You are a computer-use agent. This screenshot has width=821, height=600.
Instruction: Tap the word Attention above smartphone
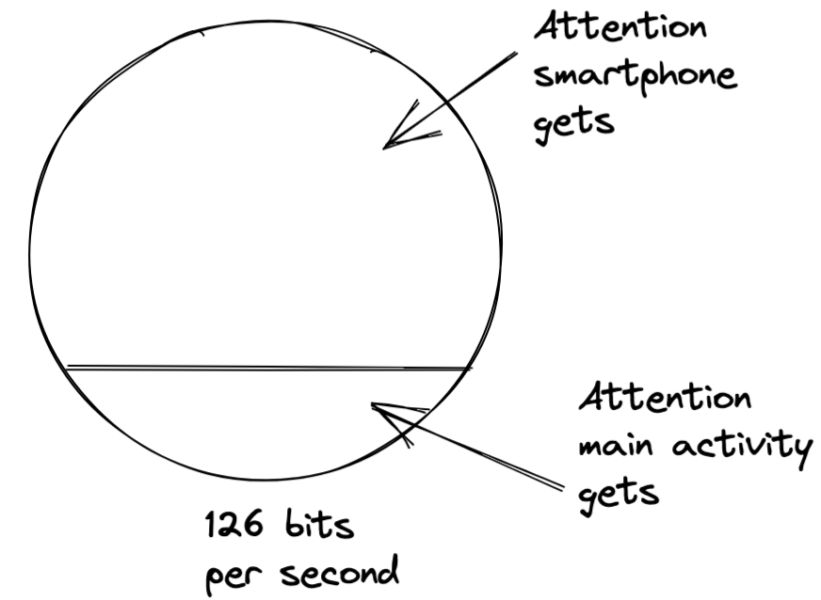620,27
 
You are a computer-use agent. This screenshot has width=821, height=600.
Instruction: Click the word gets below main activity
613,490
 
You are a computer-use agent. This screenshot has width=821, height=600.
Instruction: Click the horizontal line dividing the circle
268,367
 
